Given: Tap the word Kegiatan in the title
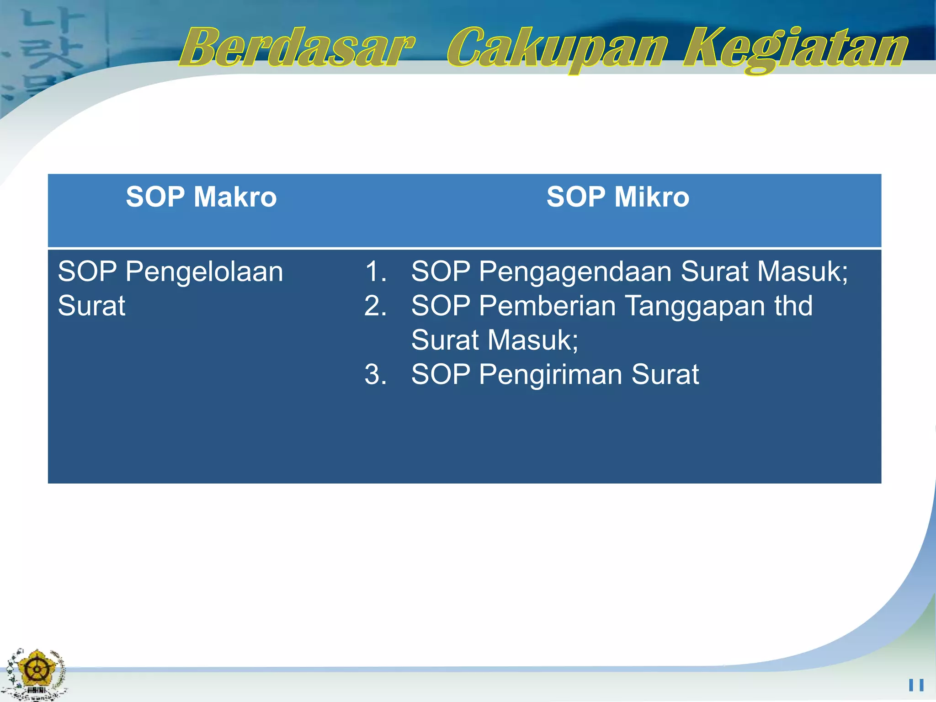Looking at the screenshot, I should (x=795, y=49).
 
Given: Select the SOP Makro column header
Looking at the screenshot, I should (x=201, y=197).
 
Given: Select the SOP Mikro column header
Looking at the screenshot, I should (x=618, y=197).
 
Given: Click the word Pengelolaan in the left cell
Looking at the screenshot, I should (x=204, y=272).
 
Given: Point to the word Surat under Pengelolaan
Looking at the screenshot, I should (x=91, y=306).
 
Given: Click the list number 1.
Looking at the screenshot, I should (x=375, y=271).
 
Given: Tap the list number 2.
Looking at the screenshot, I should (x=375, y=306).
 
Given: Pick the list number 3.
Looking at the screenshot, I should (x=375, y=374).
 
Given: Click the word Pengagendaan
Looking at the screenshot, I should (x=575, y=272).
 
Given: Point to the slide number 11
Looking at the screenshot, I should (x=916, y=685).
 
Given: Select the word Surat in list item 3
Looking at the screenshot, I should (x=665, y=374).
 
